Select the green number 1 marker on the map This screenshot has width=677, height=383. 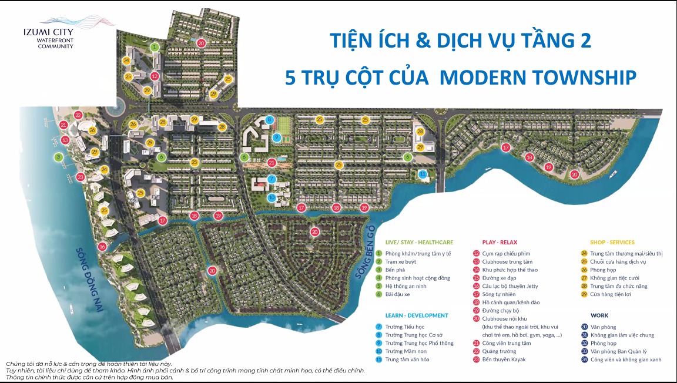(154, 46)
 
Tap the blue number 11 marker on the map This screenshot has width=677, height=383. (423, 174)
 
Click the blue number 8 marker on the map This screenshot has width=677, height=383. (270, 119)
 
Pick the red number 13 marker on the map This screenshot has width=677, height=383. (65, 140)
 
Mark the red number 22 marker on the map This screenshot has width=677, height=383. (78, 116)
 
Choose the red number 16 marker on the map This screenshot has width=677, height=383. (102, 247)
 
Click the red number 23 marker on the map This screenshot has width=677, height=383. (81, 176)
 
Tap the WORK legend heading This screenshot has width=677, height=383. (600, 315)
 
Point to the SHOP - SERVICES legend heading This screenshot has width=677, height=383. (612, 242)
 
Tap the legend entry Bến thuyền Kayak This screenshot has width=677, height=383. (504, 360)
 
